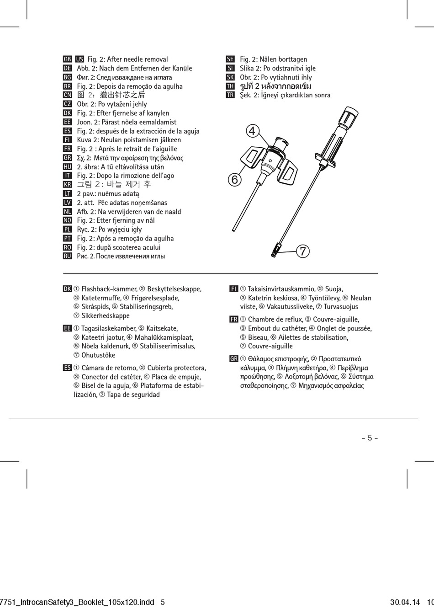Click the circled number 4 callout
point(251,131)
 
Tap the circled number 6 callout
point(234,180)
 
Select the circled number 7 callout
point(302,251)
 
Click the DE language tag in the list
point(67,68)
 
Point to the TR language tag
point(230,95)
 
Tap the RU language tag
point(67,256)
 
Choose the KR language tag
point(67,184)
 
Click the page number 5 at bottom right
point(370,438)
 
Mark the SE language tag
point(230,59)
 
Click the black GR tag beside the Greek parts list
point(234,359)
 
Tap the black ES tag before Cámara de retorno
point(67,368)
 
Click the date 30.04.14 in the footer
point(405,602)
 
